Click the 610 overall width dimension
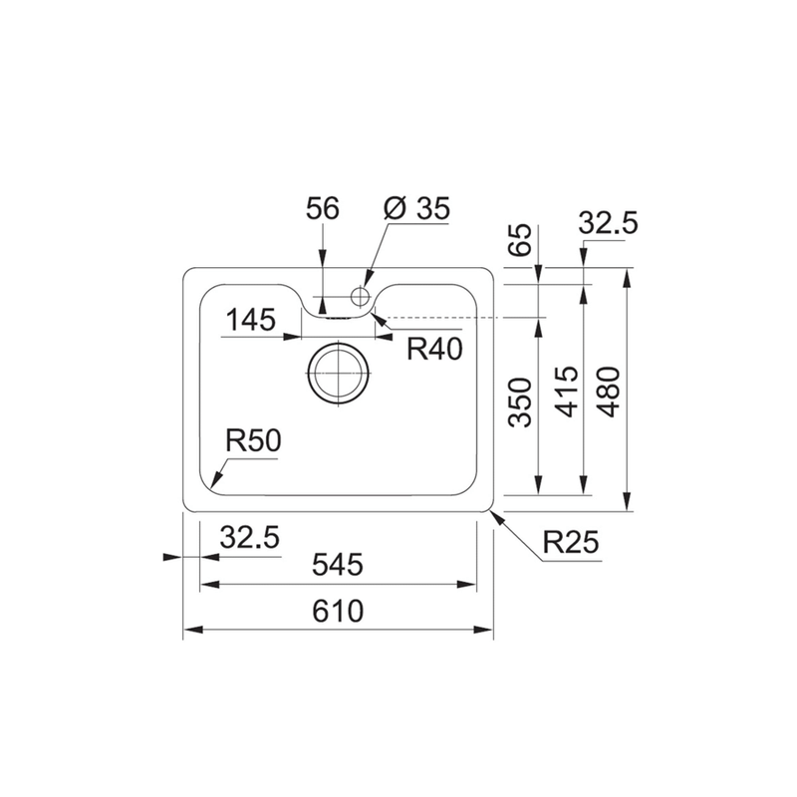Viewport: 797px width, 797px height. click(x=338, y=611)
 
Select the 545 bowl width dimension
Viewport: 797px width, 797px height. click(x=338, y=564)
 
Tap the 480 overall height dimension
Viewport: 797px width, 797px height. click(x=609, y=392)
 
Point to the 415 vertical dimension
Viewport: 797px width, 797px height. click(x=567, y=392)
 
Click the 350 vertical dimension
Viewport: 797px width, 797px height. click(x=520, y=402)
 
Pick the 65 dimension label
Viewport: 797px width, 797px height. click(x=520, y=239)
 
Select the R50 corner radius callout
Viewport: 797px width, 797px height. click(x=253, y=440)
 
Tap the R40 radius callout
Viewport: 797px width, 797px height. click(x=434, y=350)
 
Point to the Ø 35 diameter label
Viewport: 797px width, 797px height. click(x=417, y=208)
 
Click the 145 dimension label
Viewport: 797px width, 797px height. click(x=251, y=320)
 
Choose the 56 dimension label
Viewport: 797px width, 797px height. click(x=322, y=208)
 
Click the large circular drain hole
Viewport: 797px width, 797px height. click(x=338, y=373)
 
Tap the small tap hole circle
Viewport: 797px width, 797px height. click(x=360, y=295)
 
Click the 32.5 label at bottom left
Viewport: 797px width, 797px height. click(x=250, y=537)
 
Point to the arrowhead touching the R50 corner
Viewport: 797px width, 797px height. click(x=215, y=481)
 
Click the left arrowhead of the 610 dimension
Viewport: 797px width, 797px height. click(x=193, y=630)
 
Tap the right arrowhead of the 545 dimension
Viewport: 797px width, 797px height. click(x=466, y=585)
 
